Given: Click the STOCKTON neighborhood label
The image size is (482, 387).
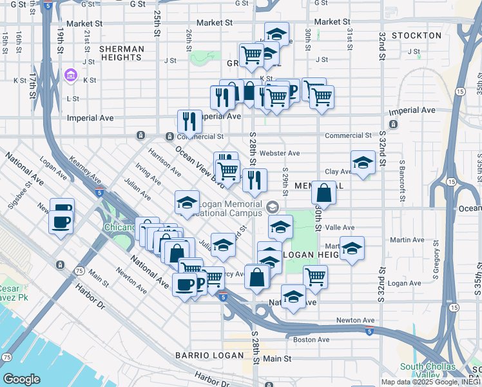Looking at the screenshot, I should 416,35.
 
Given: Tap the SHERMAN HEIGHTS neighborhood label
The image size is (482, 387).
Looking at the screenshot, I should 120,53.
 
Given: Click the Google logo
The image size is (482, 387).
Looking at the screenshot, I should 21,379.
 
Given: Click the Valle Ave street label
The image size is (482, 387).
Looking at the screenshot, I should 340,228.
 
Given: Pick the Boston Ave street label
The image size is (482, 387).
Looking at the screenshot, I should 311,339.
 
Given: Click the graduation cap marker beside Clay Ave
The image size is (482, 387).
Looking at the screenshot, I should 363,163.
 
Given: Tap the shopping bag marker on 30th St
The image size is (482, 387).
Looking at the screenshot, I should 323,193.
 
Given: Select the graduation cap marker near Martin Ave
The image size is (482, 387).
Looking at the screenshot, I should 352,248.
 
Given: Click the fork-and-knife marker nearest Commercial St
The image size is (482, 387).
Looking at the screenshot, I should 189,121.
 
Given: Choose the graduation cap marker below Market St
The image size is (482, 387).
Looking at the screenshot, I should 276,34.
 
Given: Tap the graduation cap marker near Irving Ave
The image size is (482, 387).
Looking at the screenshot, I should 187,203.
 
